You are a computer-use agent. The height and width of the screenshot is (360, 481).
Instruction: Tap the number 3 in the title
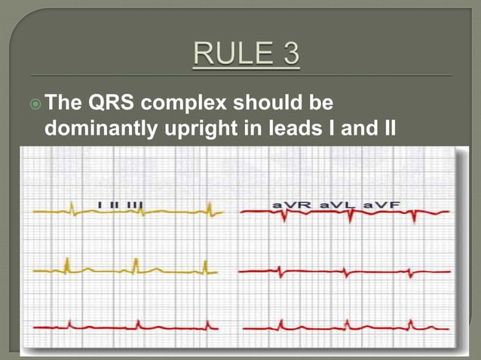click(x=289, y=55)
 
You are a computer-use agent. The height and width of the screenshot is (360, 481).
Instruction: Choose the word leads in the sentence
click(x=302, y=129)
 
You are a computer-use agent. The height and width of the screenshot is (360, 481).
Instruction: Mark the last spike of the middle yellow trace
click(x=204, y=265)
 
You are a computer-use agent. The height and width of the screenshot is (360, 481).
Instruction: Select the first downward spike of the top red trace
click(x=284, y=217)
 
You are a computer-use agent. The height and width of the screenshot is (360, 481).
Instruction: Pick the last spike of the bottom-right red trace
click(x=412, y=324)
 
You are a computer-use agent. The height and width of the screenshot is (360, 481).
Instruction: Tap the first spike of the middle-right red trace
click(x=280, y=270)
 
